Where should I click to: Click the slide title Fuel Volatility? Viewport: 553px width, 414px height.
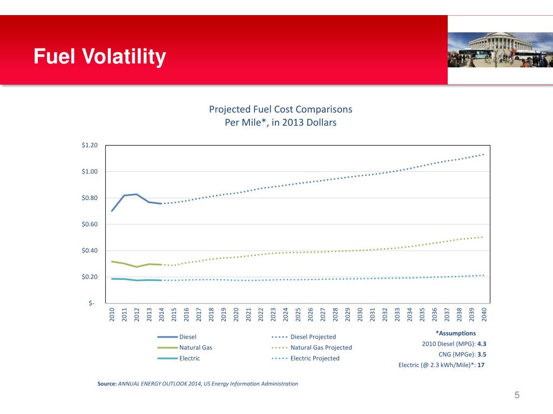point(99,57)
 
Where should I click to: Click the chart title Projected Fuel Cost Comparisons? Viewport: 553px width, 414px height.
point(280,109)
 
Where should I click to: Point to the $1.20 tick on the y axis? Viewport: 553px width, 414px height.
point(90,146)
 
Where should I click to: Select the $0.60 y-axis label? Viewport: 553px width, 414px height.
point(90,224)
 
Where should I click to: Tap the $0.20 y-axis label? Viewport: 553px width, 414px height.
point(90,277)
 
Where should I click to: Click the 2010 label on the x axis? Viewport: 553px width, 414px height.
point(112,314)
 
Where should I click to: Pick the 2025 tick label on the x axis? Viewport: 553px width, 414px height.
point(298,314)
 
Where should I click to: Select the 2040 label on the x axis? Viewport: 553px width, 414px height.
point(484,314)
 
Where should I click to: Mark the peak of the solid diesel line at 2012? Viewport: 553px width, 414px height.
point(137,194)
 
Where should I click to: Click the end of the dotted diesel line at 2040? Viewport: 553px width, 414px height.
point(483,154)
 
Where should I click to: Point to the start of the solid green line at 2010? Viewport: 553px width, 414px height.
point(112,261)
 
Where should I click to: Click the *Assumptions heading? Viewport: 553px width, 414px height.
point(455,333)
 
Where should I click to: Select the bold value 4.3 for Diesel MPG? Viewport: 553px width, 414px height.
point(482,344)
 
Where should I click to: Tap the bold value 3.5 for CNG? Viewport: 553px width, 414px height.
point(482,355)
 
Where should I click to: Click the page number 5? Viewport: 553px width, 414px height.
point(517,396)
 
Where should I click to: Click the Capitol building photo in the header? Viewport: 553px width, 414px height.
point(500,50)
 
